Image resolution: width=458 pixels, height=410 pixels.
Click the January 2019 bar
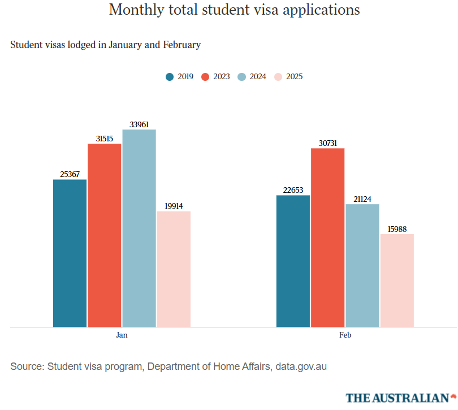70,253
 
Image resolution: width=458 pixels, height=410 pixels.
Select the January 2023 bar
105,235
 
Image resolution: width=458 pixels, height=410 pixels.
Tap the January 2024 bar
139,228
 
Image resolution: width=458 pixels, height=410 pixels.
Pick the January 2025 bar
174,269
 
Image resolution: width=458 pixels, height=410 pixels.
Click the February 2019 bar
293,261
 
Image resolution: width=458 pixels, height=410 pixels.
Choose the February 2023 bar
328,238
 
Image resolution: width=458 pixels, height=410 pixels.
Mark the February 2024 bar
362,265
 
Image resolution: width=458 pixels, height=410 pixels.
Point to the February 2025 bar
397,280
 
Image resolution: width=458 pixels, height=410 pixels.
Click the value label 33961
139,124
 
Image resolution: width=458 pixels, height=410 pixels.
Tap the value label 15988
397,229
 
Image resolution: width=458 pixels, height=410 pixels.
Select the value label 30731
328,143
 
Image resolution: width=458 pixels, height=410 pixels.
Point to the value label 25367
70,174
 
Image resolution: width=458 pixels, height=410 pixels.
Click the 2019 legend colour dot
170,77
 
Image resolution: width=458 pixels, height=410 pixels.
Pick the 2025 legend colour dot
278,77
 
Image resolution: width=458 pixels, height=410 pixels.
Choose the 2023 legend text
222,77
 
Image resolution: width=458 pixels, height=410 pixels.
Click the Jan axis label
122,335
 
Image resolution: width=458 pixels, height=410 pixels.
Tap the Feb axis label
345,335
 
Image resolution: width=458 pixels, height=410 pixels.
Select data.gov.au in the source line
301,366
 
